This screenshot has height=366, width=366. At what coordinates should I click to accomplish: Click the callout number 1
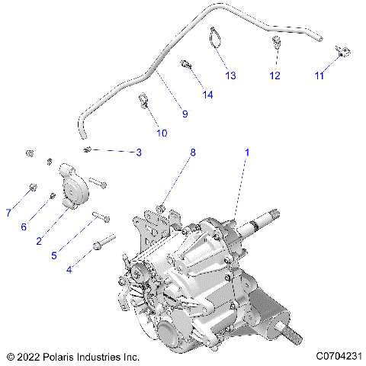[x=246, y=152]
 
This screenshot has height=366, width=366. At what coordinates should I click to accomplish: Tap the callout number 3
[x=138, y=153]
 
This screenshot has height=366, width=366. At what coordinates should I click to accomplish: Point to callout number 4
[x=70, y=269]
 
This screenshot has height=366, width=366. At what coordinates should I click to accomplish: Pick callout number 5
[x=54, y=255]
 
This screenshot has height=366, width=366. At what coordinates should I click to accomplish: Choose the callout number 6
[x=24, y=226]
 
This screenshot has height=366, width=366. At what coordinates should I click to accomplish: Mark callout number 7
[x=8, y=212]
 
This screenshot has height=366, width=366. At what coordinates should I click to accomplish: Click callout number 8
[x=192, y=152]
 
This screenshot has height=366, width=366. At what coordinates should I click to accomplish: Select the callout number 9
[x=184, y=114]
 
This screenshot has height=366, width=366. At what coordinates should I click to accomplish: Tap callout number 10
[x=162, y=133]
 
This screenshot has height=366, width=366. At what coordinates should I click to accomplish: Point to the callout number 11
[x=319, y=75]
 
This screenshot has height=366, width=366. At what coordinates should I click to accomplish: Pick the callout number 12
[x=274, y=75]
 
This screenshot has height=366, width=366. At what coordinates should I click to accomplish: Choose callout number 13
[x=230, y=75]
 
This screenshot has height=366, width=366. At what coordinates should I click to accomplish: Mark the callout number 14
[x=208, y=94]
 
